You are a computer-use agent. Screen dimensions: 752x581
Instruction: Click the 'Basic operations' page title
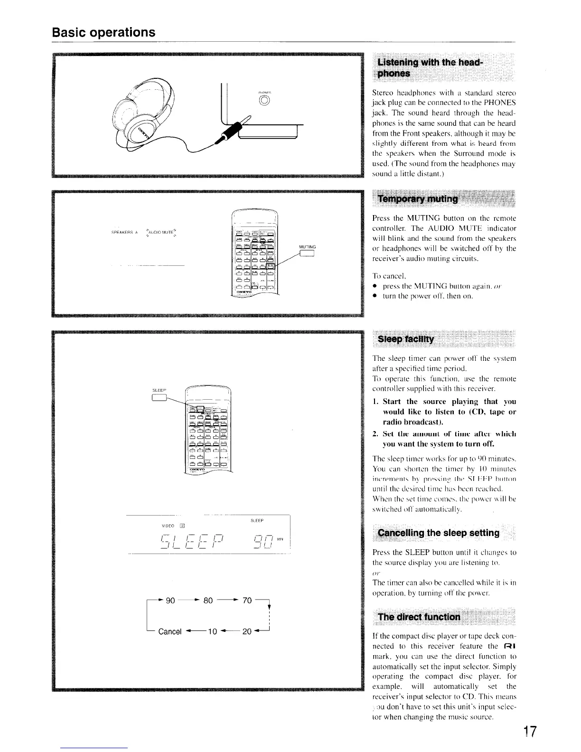(x=103, y=32)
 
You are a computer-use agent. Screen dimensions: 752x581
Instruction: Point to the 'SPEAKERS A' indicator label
(x=124, y=233)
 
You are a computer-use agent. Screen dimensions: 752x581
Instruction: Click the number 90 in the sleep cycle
(x=170, y=600)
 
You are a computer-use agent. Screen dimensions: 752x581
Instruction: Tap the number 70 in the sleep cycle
(x=246, y=600)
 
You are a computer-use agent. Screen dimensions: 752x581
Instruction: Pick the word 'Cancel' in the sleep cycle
(x=170, y=631)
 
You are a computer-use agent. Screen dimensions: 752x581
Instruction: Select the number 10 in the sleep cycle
(x=212, y=631)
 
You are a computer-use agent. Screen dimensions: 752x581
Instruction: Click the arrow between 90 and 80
(x=189, y=600)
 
